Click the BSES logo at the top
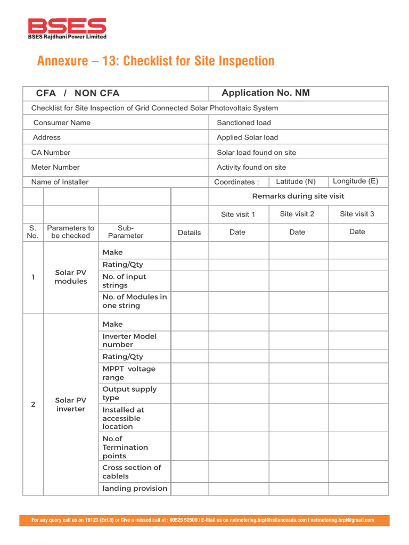coord(67,28)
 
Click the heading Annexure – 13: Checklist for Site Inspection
coord(156,61)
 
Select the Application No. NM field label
coord(265,93)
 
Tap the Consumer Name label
coord(62,122)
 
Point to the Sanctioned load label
coord(243,122)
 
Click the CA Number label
coord(51,152)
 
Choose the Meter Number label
coord(55,167)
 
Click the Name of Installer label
coord(60,182)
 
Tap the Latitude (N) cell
coord(296,181)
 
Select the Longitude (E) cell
coord(355,181)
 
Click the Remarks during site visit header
coord(298,196)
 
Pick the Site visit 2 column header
coord(297,214)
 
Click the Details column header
coord(189,233)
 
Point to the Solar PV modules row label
coord(70,277)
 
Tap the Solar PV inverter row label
coord(70,404)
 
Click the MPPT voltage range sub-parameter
coord(129,373)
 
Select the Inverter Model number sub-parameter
coord(129,340)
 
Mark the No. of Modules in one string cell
coord(134,301)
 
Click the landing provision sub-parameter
coord(135,488)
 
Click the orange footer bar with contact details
coord(204,520)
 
